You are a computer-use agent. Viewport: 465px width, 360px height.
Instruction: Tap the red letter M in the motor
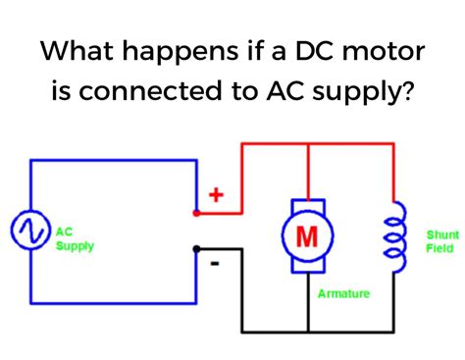(308, 234)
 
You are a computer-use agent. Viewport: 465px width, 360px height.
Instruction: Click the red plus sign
(217, 195)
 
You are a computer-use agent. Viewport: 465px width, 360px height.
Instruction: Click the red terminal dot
(196, 212)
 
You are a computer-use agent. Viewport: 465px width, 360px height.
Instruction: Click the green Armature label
(344, 293)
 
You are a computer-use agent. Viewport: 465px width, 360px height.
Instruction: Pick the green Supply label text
(75, 246)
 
